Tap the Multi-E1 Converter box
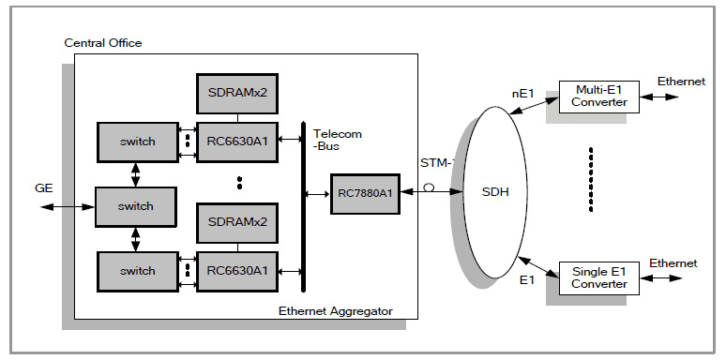click(x=598, y=96)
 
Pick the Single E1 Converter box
click(x=598, y=277)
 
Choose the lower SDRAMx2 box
click(x=237, y=222)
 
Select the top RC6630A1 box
click(x=237, y=142)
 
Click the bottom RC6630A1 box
click(x=237, y=270)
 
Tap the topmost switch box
click(x=137, y=142)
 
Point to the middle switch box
click(x=137, y=205)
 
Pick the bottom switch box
click(x=137, y=270)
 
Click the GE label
click(x=41, y=187)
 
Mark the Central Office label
click(x=103, y=43)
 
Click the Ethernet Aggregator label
click(x=335, y=310)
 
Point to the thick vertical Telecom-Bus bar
click(x=303, y=206)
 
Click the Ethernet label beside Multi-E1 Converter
click(x=680, y=82)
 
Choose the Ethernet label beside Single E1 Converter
click(x=673, y=263)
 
